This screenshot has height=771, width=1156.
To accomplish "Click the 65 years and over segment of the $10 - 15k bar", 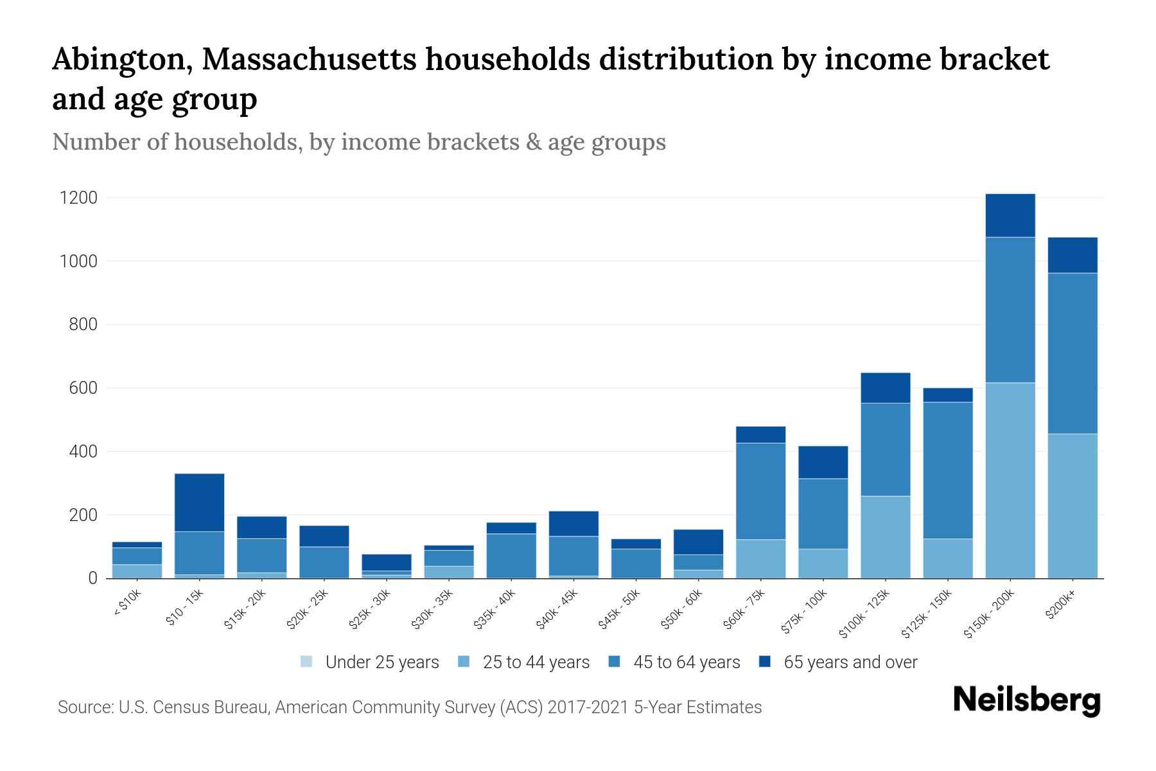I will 199,502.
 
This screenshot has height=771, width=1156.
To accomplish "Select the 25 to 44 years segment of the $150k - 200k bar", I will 1010,480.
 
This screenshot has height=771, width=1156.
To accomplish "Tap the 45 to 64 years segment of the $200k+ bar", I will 1073,353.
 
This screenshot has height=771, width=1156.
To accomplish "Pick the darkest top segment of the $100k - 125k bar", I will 886,388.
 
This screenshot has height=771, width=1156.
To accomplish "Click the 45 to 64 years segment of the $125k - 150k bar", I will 948,470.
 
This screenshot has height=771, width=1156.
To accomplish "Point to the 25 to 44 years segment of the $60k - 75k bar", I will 760,558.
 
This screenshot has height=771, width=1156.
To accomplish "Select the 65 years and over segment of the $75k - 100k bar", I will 823,463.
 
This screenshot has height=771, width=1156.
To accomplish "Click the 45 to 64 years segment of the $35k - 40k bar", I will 511,556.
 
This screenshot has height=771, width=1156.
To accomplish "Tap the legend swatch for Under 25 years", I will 306,662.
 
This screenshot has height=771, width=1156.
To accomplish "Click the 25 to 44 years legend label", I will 536,662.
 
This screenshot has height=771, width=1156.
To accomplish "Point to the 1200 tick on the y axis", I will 78,198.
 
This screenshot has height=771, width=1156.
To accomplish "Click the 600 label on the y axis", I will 83,388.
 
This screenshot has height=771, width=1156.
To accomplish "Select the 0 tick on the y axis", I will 93,578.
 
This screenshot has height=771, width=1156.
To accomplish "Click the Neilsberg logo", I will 1026,700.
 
